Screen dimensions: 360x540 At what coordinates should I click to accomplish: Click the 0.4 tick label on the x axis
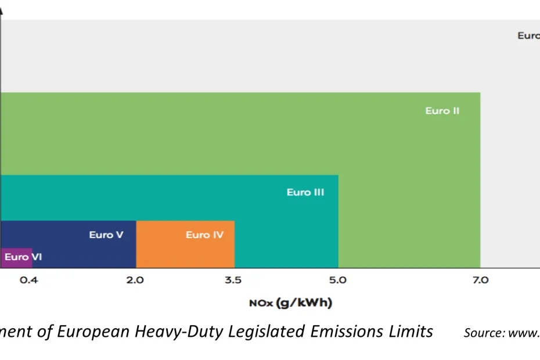click(x=28, y=280)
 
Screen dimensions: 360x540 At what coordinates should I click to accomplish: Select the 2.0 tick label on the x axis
click(x=135, y=280)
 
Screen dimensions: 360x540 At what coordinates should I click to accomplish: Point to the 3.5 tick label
click(x=233, y=280)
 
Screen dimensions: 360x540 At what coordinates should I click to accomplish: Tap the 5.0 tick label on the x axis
click(x=337, y=280)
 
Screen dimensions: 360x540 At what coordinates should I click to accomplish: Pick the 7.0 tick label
click(x=480, y=280)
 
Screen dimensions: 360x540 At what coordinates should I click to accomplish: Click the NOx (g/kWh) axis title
click(x=290, y=303)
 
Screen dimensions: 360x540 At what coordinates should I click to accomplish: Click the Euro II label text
click(x=442, y=111)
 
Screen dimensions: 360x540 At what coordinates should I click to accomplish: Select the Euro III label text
click(x=305, y=192)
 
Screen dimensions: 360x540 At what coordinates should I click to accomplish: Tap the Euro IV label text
click(x=204, y=235)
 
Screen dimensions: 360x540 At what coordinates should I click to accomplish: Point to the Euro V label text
click(x=106, y=235)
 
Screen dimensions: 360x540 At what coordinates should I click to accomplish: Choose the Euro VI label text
click(x=23, y=257)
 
